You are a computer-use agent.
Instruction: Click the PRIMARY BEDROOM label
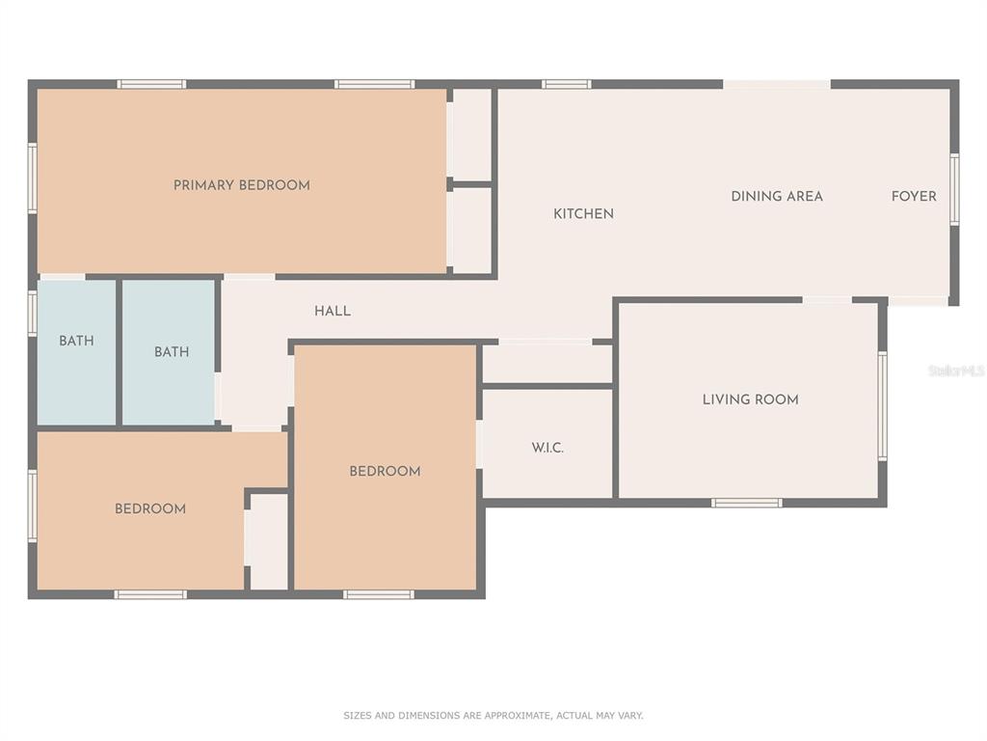tap(242, 185)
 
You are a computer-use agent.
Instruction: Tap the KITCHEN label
tap(583, 213)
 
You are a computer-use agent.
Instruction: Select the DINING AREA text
tap(777, 196)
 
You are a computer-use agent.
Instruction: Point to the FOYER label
tap(914, 196)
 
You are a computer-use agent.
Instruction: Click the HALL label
tap(333, 311)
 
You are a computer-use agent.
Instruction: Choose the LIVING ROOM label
tap(750, 399)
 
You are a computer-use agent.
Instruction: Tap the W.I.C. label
tap(547, 448)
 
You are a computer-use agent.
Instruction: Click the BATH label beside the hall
tap(172, 351)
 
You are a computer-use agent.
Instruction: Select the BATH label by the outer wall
tap(76, 341)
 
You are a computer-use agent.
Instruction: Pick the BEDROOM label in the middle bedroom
tap(385, 471)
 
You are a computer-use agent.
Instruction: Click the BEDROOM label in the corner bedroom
tap(149, 509)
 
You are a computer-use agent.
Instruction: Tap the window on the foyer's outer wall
tap(954, 189)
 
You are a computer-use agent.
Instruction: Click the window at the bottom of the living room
tap(747, 503)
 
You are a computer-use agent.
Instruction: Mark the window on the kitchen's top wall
tap(567, 84)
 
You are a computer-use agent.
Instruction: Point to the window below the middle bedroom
tap(378, 594)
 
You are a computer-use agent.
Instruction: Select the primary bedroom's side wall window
tap(32, 178)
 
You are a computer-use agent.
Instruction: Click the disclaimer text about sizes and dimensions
tap(493, 715)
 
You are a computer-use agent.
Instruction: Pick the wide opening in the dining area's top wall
tap(777, 84)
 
